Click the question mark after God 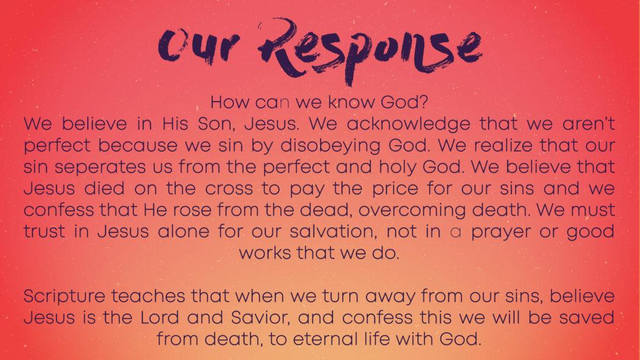tap(424, 102)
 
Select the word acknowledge tap(408, 124)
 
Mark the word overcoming tap(412, 211)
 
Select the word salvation tap(333, 231)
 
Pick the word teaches tap(148, 296)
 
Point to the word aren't tap(588, 124)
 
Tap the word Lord tap(160, 317)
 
